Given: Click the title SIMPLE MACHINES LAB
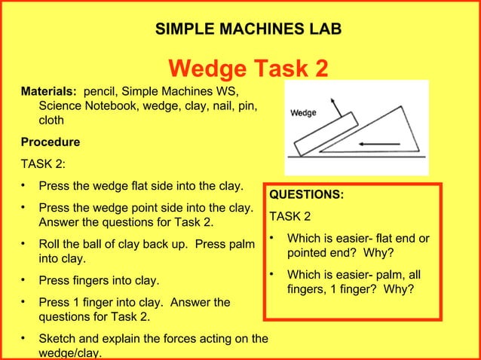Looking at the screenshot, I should click(247, 29).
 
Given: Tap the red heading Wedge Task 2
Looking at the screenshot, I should click(248, 69).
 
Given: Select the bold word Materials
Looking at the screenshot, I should click(48, 91).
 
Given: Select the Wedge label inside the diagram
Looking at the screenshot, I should click(304, 113).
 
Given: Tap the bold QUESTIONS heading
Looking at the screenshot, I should click(307, 195).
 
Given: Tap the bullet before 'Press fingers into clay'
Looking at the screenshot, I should click(24, 281).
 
